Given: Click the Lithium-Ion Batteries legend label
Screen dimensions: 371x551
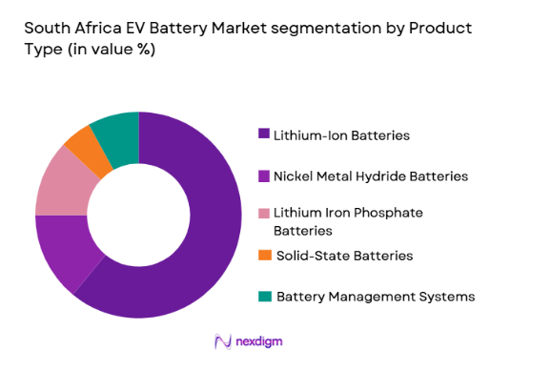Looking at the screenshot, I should pos(341,135).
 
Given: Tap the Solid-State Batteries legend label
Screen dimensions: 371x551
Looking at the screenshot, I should pos(343,256).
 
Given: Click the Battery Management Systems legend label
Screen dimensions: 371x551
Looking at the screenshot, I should pos(375,297).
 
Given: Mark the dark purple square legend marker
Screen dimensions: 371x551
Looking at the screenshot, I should pos(265,135).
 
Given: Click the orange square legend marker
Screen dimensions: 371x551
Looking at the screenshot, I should pos(265,256).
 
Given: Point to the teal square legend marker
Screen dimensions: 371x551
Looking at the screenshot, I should pos(265,297).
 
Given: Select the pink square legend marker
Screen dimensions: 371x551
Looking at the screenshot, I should pos(265,212).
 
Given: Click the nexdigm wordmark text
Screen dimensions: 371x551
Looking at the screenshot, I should pos(261,341).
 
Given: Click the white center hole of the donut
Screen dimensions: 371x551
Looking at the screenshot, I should pos(139,216).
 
